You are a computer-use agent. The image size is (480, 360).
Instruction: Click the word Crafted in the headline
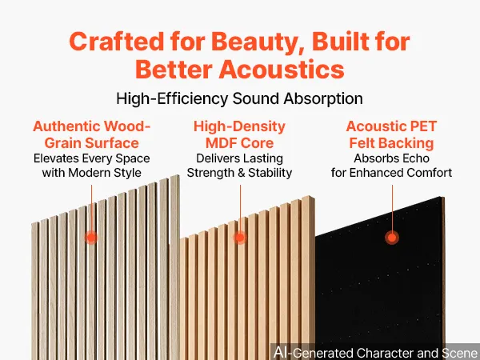(116, 41)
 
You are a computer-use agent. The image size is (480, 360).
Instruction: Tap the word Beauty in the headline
(258, 42)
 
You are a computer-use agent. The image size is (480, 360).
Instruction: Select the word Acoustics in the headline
(282, 69)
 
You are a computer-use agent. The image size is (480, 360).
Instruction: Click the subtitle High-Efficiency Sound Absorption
(239, 98)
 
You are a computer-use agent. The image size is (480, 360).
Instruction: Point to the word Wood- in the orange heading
(127, 126)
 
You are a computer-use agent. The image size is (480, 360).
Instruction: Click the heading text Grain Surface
(91, 142)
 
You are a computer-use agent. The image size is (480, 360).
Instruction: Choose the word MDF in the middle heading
(222, 142)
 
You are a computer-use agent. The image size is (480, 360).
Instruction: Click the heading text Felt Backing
(391, 143)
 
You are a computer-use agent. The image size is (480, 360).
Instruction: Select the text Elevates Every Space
(91, 158)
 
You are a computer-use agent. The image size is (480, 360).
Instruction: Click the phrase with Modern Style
(91, 173)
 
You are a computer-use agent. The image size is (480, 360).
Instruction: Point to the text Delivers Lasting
(239, 158)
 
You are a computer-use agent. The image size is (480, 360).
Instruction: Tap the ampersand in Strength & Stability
(242, 173)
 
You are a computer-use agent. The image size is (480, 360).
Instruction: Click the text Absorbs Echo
(391, 158)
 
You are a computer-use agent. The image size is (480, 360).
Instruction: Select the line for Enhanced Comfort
(391, 173)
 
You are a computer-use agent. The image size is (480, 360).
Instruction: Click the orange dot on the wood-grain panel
(91, 238)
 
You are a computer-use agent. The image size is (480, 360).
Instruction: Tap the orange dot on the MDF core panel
(240, 238)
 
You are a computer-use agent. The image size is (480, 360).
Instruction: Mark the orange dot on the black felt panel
(392, 238)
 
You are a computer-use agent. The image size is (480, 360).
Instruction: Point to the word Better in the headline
(174, 69)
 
